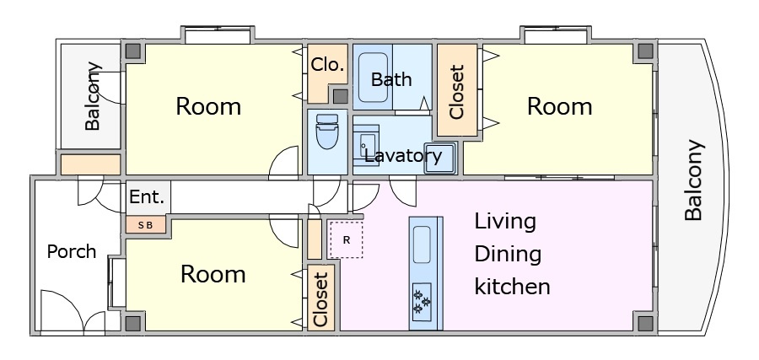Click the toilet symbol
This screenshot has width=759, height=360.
click(326, 132)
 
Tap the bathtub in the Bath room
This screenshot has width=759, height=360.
click(373, 78)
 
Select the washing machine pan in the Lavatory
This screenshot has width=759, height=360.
click(440, 158)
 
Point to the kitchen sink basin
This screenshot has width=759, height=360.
click(422, 244)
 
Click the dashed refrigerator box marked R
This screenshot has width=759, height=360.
click(346, 239)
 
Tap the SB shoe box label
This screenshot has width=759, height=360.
click(145, 225)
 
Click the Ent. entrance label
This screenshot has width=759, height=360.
click(147, 197)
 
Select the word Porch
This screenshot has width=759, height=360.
click(72, 251)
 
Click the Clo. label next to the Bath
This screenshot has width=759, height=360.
click(328, 64)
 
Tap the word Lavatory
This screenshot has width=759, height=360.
click(403, 156)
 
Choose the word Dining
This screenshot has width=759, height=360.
click(508, 255)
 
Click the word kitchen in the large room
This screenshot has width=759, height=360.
click(512, 287)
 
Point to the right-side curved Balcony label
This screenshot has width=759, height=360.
click(693, 180)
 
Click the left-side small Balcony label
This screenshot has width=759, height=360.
click(93, 96)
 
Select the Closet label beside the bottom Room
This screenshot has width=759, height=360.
click(321, 300)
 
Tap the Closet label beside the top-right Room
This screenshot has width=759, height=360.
click(457, 92)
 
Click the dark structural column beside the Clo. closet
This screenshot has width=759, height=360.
click(341, 96)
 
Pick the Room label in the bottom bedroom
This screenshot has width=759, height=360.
click(213, 274)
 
